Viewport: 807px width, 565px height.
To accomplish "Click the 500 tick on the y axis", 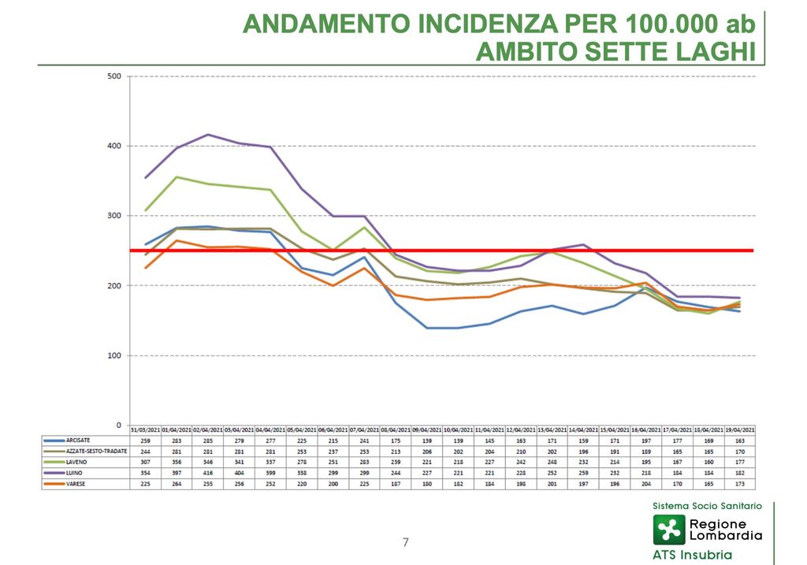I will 113,76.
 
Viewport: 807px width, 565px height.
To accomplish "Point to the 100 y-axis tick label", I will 113,355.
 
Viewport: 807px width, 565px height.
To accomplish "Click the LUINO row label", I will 76,473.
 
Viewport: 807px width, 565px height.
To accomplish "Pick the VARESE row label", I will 77,483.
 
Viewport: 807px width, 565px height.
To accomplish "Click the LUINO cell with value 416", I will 207,473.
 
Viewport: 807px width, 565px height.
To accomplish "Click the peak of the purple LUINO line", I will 207,135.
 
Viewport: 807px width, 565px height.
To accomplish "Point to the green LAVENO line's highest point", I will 176,177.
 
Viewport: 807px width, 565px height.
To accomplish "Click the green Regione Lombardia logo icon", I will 668,530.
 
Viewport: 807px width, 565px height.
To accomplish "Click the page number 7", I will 406,542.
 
